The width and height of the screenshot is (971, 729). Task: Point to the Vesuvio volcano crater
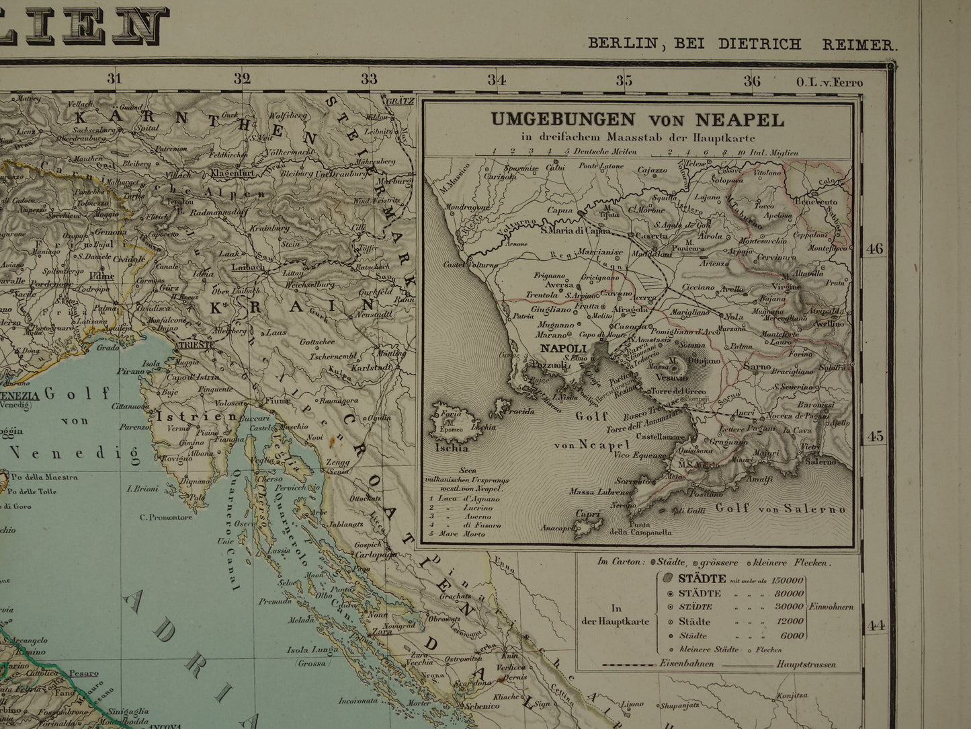point(673,367)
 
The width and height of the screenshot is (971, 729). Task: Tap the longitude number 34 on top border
point(496,80)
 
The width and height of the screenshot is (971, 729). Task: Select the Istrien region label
point(179,416)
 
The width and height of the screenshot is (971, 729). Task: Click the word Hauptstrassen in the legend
point(806,664)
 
